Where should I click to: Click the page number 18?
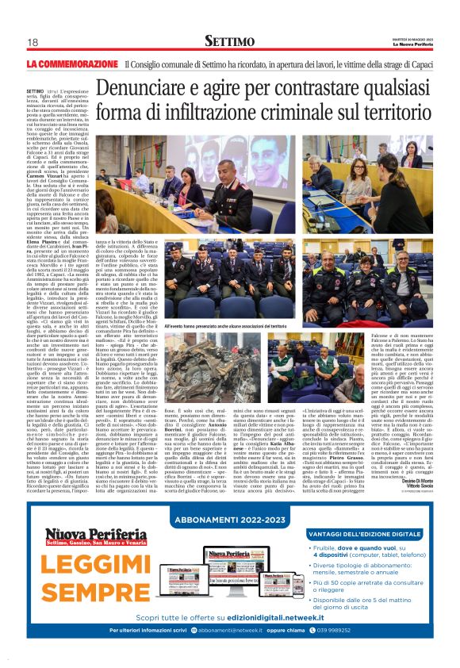click(x=33, y=42)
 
